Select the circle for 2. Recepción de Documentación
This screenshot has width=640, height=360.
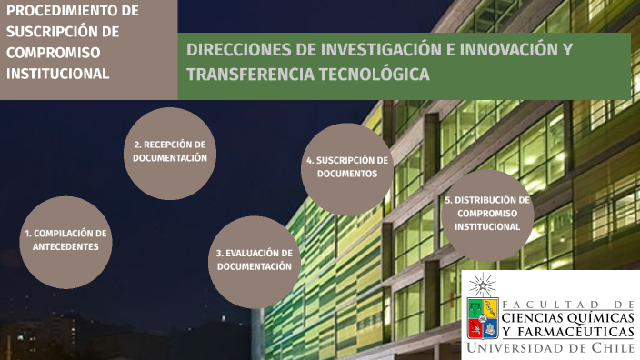[169, 153]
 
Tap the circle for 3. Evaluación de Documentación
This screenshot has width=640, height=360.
[255, 261]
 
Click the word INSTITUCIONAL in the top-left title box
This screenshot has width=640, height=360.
[58, 73]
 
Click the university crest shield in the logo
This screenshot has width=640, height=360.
[482, 316]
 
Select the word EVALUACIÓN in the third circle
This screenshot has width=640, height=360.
[246, 254]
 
